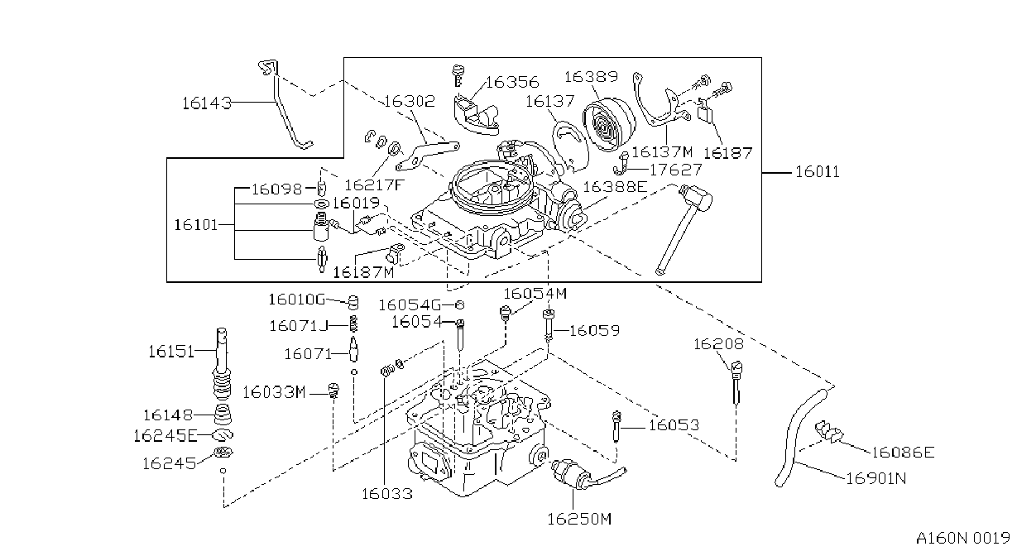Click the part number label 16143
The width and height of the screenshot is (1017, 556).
[x=207, y=103]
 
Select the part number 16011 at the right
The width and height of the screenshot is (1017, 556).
[x=818, y=172]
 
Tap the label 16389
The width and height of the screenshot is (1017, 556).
[x=591, y=76]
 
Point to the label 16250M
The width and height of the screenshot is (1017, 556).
[x=579, y=518]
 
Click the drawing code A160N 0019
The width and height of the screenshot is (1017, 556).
[x=963, y=538]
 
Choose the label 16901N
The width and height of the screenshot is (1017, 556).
[x=876, y=478]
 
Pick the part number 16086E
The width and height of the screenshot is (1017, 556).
[x=903, y=452]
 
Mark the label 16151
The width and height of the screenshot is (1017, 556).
[x=171, y=352]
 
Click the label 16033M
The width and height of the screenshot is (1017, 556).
[x=274, y=392]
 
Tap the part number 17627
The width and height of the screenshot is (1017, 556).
[x=675, y=170]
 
